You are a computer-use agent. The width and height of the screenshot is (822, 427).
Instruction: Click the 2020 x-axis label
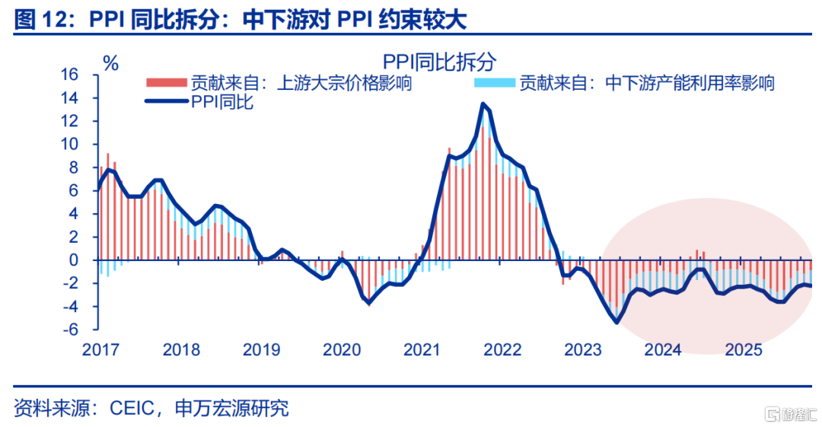(x=342, y=350)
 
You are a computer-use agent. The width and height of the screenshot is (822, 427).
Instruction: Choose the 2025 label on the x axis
(x=744, y=350)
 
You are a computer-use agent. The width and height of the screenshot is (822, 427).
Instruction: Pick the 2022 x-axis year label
(x=502, y=350)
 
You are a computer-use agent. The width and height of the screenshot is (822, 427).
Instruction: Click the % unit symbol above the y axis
(x=111, y=64)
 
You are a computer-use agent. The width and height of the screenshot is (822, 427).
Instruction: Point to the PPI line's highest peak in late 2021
(x=483, y=104)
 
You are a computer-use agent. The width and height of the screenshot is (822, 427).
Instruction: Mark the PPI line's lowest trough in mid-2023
(x=616, y=322)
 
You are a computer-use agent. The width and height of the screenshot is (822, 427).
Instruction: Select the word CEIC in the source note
(x=135, y=408)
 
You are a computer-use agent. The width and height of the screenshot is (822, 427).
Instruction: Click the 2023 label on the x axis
(x=583, y=350)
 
